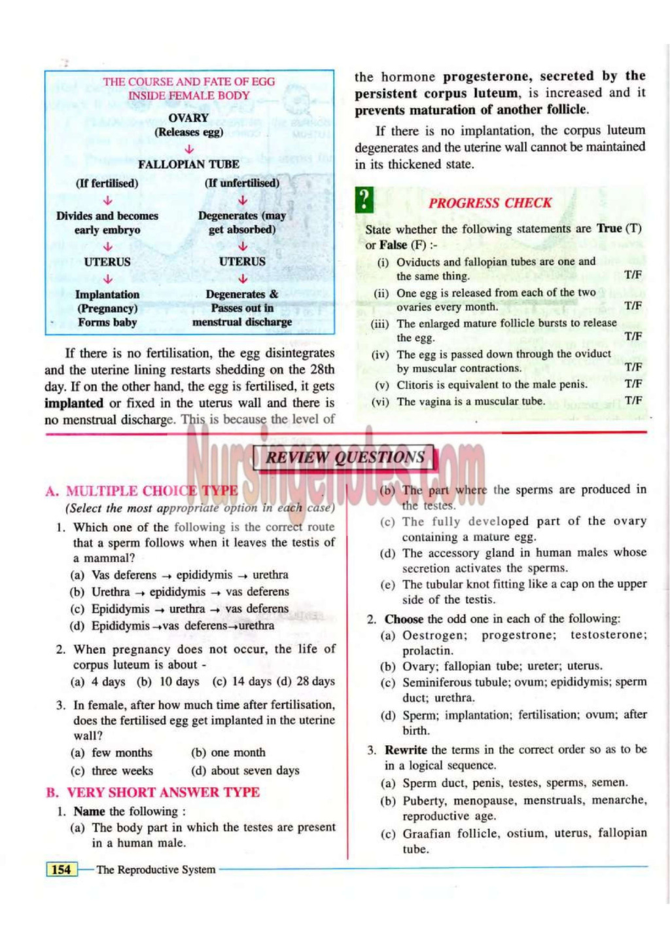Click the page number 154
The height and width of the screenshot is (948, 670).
tap(61, 869)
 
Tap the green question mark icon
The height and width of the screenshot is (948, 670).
tap(364, 200)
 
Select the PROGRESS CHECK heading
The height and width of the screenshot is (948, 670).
tap(490, 203)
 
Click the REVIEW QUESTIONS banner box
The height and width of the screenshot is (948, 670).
tap(344, 458)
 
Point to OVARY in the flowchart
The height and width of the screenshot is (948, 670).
tap(188, 118)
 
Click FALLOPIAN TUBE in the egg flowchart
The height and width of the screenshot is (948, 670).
tap(188, 164)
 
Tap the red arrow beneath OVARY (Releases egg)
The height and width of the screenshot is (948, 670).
tap(188, 149)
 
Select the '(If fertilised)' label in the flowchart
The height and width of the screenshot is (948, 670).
tap(107, 183)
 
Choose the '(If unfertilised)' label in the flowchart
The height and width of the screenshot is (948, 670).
tap(242, 183)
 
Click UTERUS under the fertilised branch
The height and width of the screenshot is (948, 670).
tap(107, 262)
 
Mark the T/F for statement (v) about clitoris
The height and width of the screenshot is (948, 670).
tap(633, 384)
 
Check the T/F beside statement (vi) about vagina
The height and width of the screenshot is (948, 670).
tap(633, 401)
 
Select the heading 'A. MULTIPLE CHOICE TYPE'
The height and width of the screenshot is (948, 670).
tap(142, 491)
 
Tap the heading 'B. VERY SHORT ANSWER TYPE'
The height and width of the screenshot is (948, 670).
tap(153, 792)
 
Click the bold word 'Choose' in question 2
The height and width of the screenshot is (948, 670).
tap(404, 619)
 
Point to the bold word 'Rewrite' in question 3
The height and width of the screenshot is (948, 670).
tap(406, 750)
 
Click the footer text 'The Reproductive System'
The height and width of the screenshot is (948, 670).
tap(156, 869)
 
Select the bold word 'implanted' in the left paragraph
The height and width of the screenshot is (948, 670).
tap(74, 403)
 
